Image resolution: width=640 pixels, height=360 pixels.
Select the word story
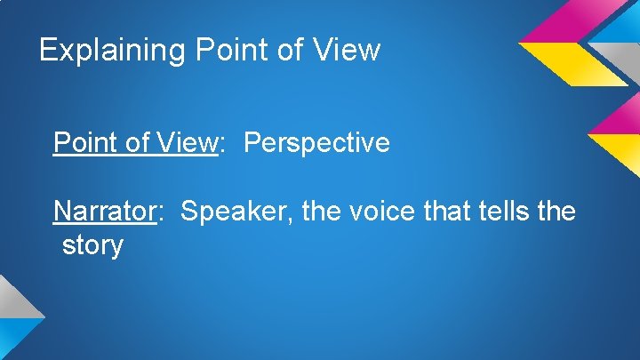(x=92, y=244)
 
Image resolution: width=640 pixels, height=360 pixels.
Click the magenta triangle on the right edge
(x=620, y=116)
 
